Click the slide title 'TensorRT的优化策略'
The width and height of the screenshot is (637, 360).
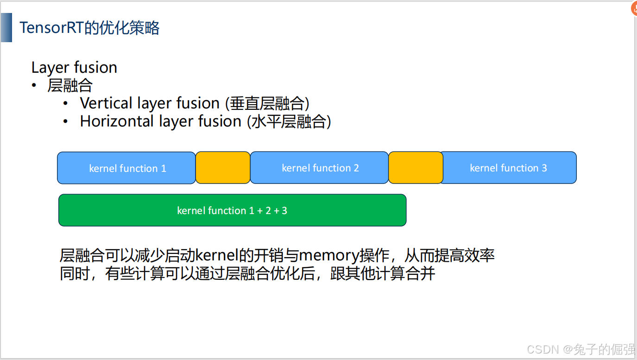pyautogui.click(x=89, y=28)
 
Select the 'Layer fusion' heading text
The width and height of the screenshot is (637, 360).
pyautogui.click(x=74, y=68)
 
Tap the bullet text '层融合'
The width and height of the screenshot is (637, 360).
pyautogui.click(x=70, y=86)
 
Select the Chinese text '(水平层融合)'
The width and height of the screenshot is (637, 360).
pyautogui.click(x=289, y=121)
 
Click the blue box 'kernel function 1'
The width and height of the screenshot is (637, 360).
pyautogui.click(x=127, y=168)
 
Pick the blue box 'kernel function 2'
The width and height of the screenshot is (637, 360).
pyautogui.click(x=320, y=168)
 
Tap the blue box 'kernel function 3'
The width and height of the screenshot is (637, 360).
pyautogui.click(x=509, y=168)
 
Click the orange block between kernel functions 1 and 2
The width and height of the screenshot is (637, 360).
pyautogui.click(x=223, y=168)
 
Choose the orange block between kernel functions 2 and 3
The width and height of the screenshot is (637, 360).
pyautogui.click(x=416, y=168)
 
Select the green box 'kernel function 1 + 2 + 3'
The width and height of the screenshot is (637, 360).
pyautogui.click(x=232, y=210)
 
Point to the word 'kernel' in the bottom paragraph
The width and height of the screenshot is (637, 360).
pyautogui.click(x=217, y=255)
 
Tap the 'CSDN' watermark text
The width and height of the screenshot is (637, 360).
pyautogui.click(x=543, y=349)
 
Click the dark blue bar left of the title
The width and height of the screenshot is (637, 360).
pyautogui.click(x=6, y=28)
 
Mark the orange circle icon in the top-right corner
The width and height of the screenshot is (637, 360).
pyautogui.click(x=634, y=8)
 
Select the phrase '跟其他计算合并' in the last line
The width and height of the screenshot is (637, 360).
pyautogui.click(x=383, y=274)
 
